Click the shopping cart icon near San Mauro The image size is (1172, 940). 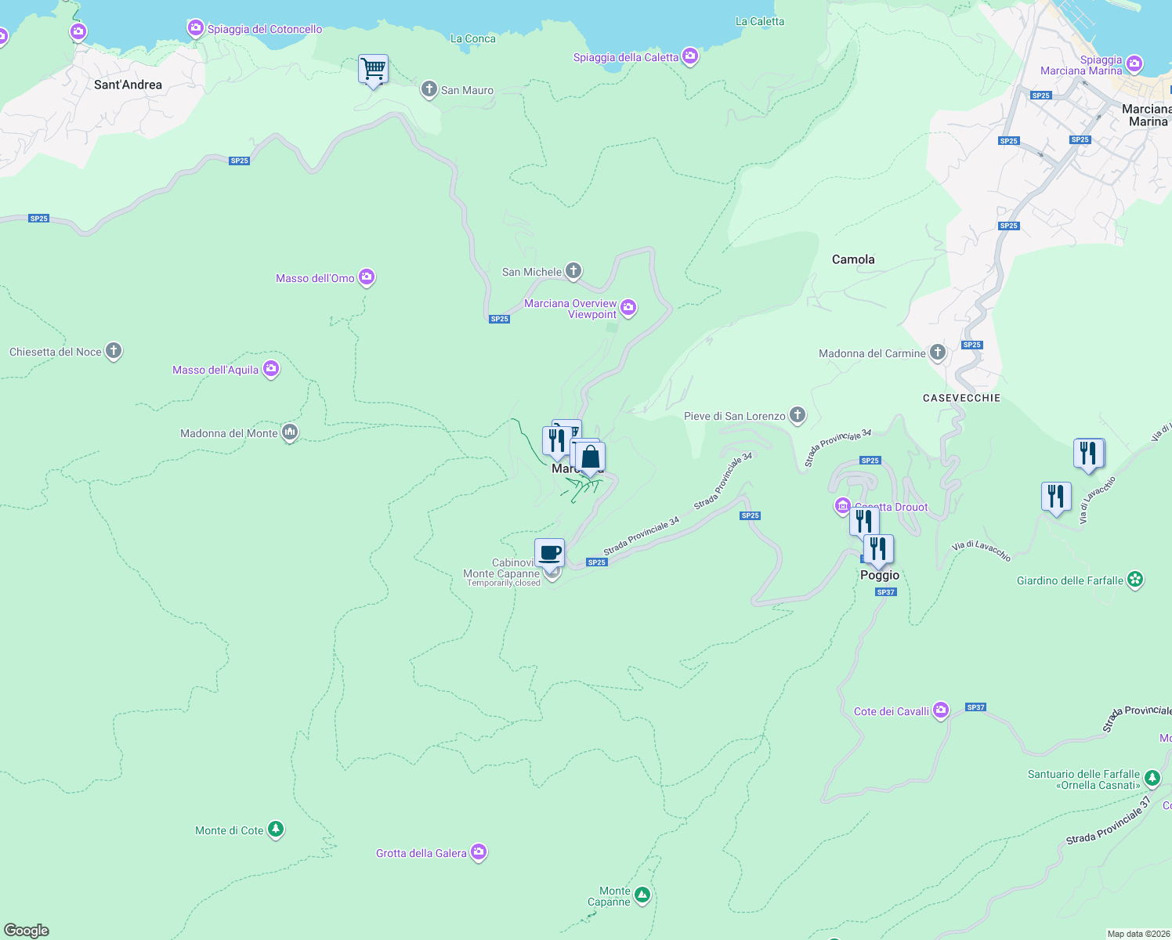[x=373, y=69]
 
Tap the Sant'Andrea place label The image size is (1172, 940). [x=128, y=85]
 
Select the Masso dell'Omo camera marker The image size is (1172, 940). [x=367, y=277]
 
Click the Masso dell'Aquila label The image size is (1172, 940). [x=215, y=370]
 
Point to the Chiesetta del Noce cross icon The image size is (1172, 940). [x=114, y=351]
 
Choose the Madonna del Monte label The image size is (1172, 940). [x=229, y=433]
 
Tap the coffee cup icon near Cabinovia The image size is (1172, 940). [x=550, y=552]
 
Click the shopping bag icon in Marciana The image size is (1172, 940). [x=591, y=457]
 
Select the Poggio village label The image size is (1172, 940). [x=880, y=575]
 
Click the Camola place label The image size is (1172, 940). [x=853, y=259]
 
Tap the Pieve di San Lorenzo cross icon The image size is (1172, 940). [x=798, y=415]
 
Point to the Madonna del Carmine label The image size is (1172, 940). [x=872, y=353]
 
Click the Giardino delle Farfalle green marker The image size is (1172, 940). [x=1135, y=580]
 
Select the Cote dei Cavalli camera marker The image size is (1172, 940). [x=941, y=710]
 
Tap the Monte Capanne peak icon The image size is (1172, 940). [x=642, y=895]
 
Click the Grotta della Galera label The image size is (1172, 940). [x=421, y=853]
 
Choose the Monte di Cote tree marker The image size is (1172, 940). [x=275, y=829]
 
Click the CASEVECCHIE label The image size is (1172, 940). [x=961, y=398]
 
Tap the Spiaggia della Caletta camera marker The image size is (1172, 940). [x=690, y=56]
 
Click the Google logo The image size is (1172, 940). [x=27, y=931]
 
